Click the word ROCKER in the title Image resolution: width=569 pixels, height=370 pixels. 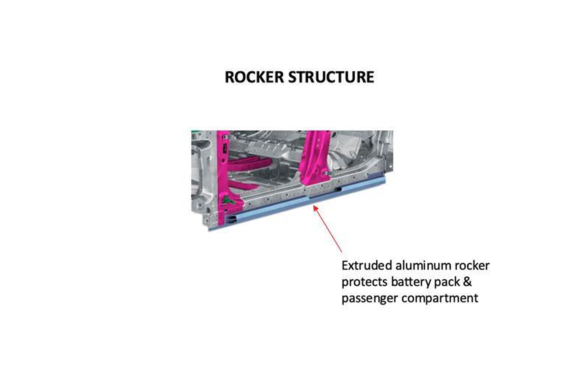[254, 77]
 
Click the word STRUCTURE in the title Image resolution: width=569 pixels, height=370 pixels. [331, 77]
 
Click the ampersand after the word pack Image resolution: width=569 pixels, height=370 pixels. [467, 282]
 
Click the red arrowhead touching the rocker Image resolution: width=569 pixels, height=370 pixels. [315, 208]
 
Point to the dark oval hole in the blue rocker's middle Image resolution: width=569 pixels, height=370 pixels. [339, 189]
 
